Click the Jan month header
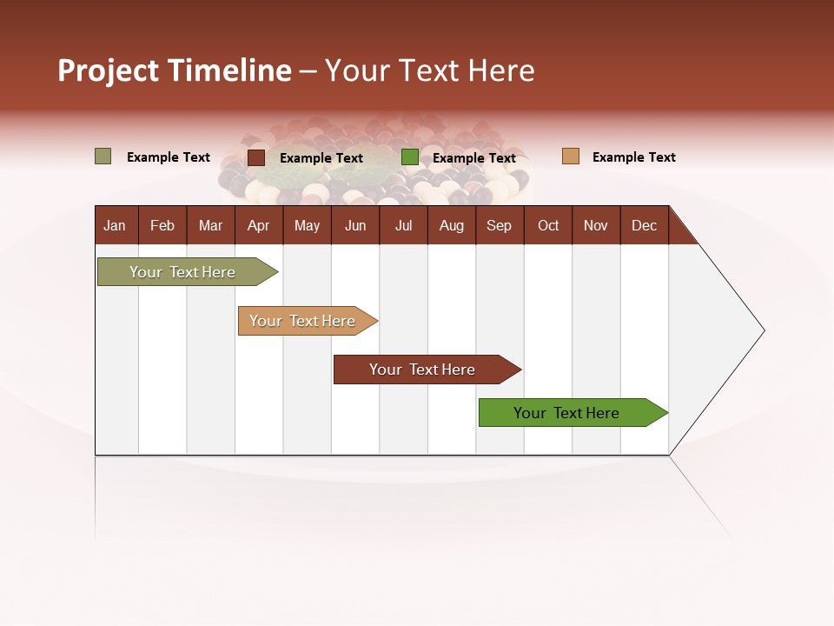coord(115,225)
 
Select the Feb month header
coord(162,225)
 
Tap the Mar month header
coord(210,225)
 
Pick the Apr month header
coord(258,225)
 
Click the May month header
coord(307,225)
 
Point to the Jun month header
coord(355,225)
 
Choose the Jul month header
coord(403,225)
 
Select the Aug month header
coord(451,225)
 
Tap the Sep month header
coord(499,225)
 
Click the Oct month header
coord(548,225)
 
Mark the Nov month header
coord(596,225)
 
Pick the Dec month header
coord(644,225)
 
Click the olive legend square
coord(103,156)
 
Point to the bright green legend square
coord(410,157)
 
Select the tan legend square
coord(570,156)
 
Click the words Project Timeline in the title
coord(175,70)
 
